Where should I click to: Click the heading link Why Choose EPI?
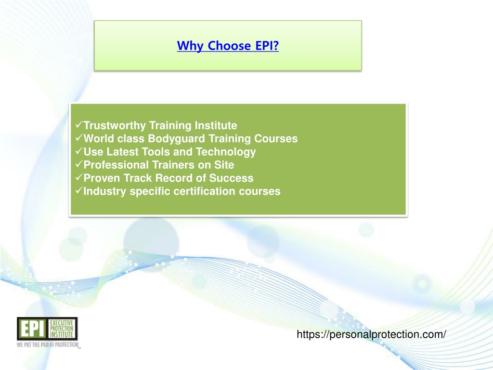point(228,46)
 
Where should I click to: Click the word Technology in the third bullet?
point(226,152)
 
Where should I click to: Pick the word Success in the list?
point(231,178)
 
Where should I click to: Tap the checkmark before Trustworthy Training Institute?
point(79,125)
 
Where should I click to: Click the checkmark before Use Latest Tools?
point(79,151)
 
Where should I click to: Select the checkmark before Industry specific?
point(79,191)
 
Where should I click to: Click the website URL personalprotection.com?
point(371,334)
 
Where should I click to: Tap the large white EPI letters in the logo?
point(32,329)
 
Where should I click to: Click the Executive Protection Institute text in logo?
point(62,329)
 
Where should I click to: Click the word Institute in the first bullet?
point(216,126)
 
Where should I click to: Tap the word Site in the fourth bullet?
point(224,165)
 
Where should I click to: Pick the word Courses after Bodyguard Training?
point(276,139)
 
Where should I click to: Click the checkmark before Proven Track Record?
point(79,177)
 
